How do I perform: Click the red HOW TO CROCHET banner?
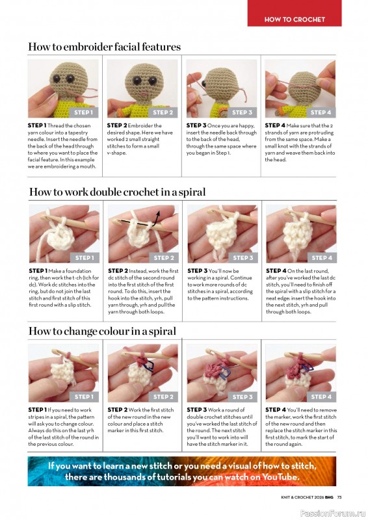[295, 13]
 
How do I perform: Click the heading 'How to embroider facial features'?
[105, 47]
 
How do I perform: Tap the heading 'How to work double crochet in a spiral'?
[117, 192]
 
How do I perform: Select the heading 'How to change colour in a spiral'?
[102, 331]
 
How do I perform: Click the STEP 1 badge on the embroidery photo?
[84, 112]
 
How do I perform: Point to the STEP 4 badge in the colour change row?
[321, 396]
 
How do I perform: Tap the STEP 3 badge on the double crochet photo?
[243, 257]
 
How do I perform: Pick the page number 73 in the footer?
[339, 497]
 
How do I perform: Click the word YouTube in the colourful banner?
[280, 477]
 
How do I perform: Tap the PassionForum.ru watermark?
[332, 513]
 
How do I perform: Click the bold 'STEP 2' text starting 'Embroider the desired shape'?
[117, 125]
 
